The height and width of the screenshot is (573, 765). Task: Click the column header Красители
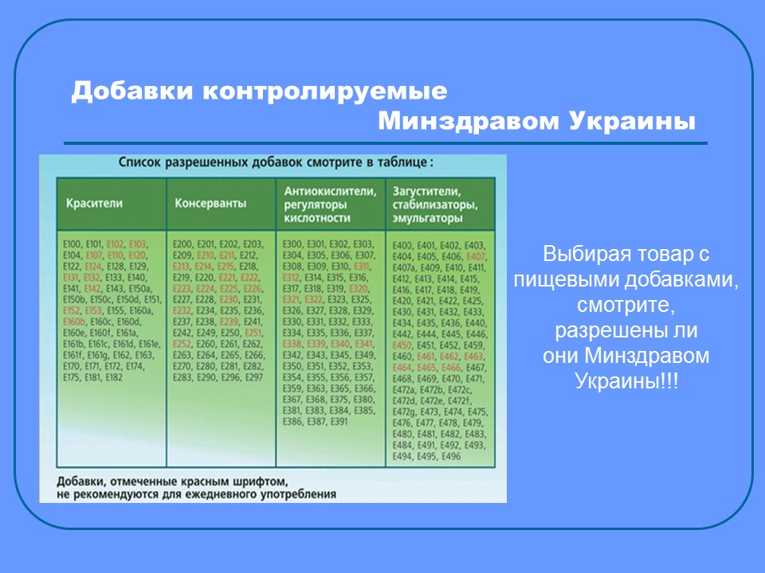(94, 204)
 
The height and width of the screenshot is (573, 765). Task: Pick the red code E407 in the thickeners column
(476, 256)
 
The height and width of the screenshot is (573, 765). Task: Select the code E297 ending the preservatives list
(253, 377)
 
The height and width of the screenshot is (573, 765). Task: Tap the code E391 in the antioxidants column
(339, 422)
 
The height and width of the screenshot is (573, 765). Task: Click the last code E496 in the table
(450, 456)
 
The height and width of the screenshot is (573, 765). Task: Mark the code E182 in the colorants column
(112, 377)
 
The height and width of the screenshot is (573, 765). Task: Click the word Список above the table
(141, 162)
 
